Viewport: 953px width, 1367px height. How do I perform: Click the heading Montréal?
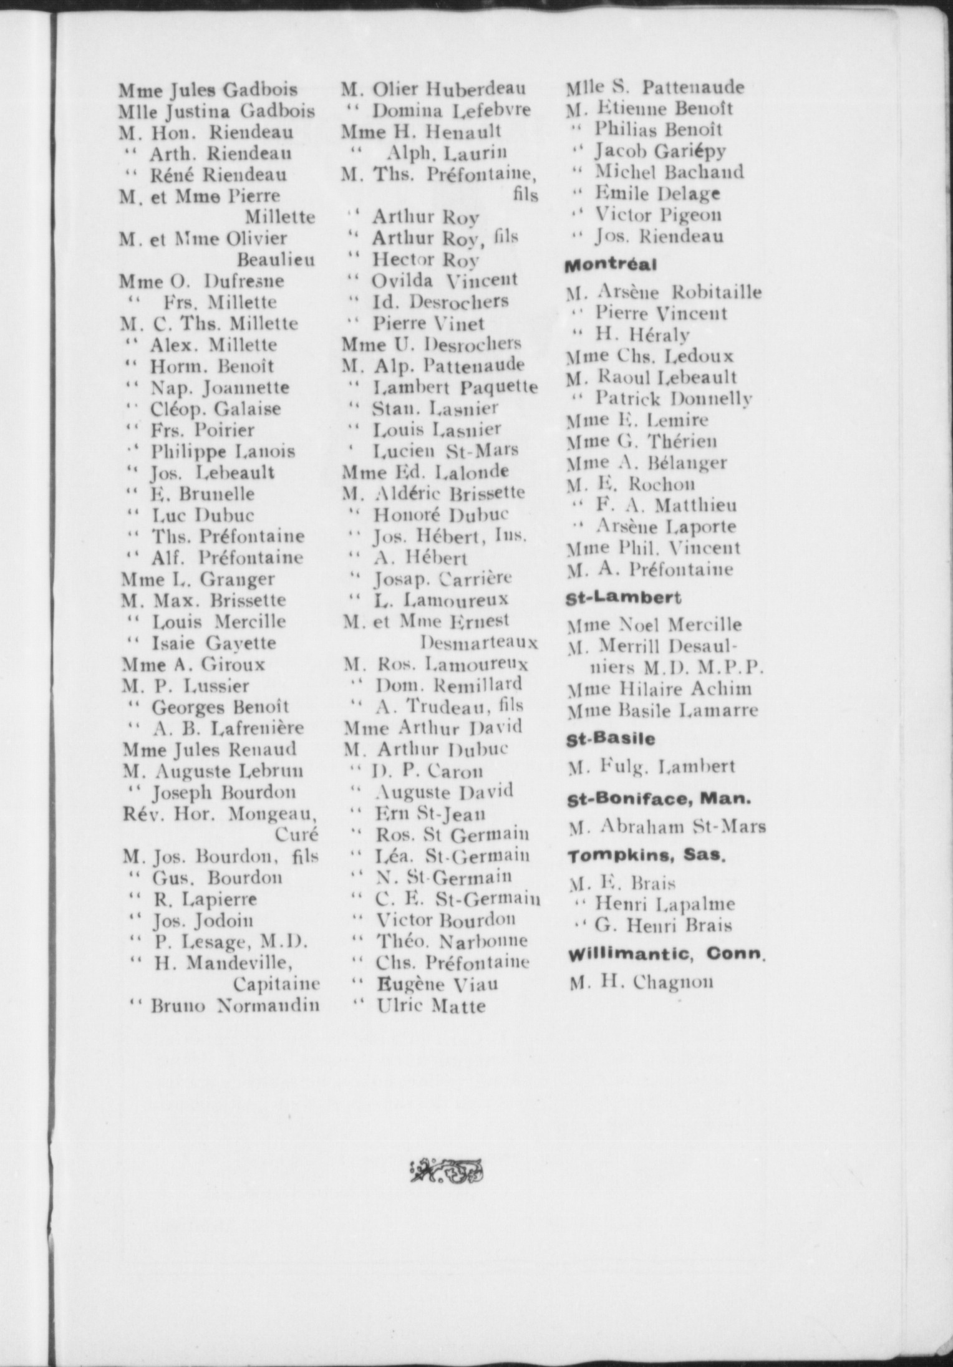[611, 265]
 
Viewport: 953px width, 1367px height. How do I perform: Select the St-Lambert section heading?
[623, 597]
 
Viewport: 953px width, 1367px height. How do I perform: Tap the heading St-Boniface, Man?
[659, 799]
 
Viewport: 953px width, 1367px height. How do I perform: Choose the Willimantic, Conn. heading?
[665, 954]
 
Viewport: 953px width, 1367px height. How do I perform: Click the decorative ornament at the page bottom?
[447, 1170]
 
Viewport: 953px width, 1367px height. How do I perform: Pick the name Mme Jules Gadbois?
[208, 90]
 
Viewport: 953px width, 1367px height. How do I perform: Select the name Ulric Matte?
[431, 1006]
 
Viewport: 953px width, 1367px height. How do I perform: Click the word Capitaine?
[276, 984]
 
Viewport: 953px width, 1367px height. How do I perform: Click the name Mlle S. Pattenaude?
[655, 87]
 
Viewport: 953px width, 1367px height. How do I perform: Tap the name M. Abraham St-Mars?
[667, 827]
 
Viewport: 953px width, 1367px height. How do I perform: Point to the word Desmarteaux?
[479, 642]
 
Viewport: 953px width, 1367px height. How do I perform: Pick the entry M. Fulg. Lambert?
[652, 766]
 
